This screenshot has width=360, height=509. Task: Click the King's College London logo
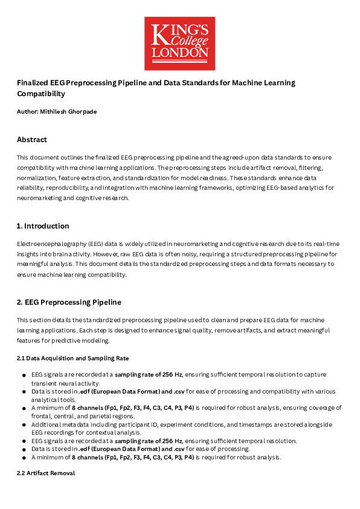pos(179,44)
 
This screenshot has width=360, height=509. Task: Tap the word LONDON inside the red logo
pos(179,53)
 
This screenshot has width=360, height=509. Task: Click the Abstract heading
pos(32,140)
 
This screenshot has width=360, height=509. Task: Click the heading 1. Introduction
pos(42,226)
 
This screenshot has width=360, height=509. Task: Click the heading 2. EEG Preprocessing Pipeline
pos(69,302)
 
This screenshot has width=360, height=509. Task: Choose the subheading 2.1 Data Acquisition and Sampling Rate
pos(72,358)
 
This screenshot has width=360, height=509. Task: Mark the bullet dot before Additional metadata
pos(23,425)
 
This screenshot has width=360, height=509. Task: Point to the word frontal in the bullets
pos(42,417)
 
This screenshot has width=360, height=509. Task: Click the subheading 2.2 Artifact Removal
pos(45,473)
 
